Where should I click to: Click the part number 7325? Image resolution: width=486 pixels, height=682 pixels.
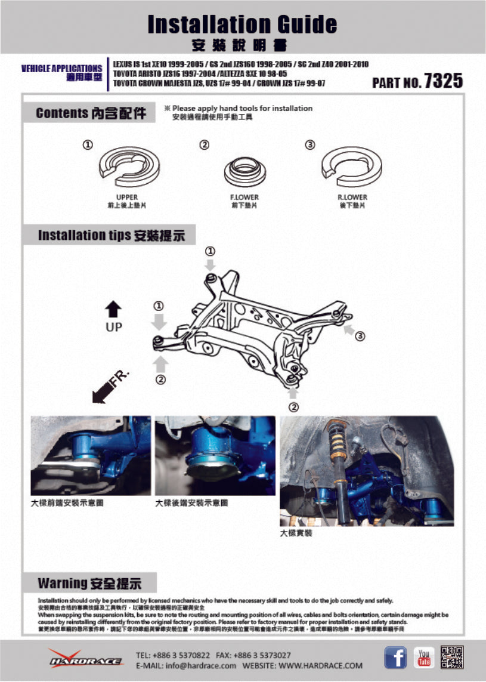point(443,81)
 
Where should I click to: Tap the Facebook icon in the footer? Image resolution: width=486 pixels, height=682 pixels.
point(395,658)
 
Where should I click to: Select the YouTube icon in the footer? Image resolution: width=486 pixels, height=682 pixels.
point(424,658)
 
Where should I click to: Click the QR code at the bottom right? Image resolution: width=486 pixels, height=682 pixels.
point(452,657)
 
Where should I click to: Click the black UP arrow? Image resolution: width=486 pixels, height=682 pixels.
point(113,310)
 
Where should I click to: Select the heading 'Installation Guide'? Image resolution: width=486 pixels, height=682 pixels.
point(242,24)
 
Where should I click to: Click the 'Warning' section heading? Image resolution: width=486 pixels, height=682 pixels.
point(89,583)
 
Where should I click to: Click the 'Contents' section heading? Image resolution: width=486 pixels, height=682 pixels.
point(91,113)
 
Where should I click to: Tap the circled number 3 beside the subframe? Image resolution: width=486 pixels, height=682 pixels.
point(360,337)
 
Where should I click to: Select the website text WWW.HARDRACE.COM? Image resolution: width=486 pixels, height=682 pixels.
point(320,665)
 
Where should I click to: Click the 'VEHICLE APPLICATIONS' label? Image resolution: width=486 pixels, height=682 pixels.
point(61,69)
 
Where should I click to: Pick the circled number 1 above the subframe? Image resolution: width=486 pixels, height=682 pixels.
point(210,251)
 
